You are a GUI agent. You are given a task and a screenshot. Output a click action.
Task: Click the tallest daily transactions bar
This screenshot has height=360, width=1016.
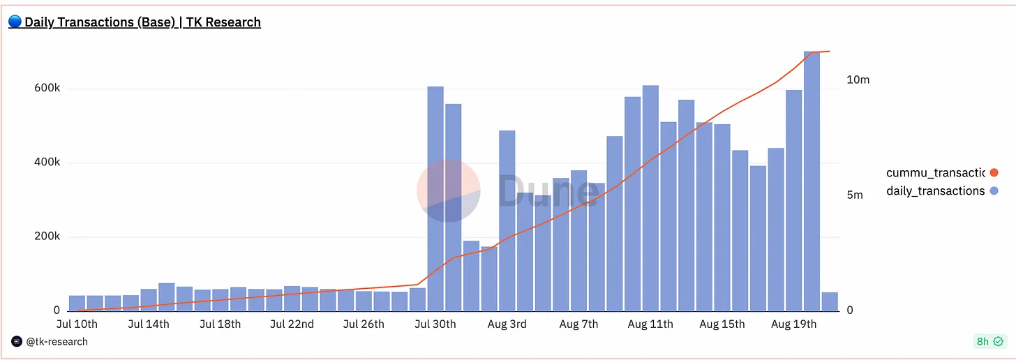coord(812,181)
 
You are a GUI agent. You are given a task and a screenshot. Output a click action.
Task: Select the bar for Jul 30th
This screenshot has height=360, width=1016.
coord(435,199)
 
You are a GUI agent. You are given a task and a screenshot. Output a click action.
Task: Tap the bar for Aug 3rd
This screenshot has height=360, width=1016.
coord(507,220)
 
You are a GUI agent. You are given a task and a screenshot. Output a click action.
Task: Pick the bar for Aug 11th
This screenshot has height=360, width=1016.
coord(650,198)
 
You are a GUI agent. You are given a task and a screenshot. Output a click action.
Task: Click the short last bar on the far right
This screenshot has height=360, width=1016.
coord(830,302)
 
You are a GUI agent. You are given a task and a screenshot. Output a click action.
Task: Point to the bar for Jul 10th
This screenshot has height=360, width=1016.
coord(77,303)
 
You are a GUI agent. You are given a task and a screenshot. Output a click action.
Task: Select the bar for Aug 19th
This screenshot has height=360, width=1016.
coord(794,200)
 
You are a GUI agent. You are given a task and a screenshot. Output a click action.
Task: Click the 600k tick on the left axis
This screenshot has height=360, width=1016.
coord(47,87)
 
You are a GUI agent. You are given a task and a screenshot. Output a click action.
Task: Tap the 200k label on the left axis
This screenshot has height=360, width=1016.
coord(47,236)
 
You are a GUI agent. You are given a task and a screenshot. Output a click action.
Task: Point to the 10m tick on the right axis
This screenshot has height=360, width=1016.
coord(858,80)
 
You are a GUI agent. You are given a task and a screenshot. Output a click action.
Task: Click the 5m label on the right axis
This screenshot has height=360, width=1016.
coord(855,195)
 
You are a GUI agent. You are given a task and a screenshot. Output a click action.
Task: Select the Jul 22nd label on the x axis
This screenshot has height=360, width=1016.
coord(292,324)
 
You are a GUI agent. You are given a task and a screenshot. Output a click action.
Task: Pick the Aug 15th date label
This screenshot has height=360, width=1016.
coord(722,324)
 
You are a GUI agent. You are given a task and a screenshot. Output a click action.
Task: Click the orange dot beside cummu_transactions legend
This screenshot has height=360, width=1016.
coord(994,172)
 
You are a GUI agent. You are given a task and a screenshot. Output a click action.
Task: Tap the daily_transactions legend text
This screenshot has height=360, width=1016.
coord(935,191)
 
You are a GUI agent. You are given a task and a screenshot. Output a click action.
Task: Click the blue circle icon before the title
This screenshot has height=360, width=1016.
coord(15,22)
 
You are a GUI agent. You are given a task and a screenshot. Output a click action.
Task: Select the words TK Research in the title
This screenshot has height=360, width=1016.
coord(223,22)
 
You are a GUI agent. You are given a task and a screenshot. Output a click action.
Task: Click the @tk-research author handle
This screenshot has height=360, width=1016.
coord(57,341)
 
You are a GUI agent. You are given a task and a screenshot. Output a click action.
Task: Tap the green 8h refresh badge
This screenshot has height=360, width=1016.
coord(989,341)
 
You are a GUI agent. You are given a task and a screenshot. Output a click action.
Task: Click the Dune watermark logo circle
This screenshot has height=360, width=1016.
coord(448,190)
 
